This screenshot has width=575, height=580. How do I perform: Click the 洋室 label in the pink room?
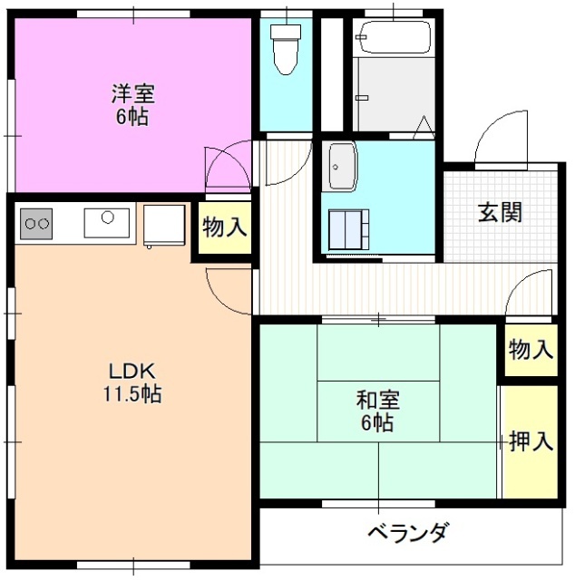point(133,93)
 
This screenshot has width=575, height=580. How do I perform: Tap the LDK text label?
point(134,372)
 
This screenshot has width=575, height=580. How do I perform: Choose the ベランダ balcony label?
point(407,532)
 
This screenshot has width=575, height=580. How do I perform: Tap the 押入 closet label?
point(531,442)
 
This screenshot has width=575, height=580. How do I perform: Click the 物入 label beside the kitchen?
point(224,228)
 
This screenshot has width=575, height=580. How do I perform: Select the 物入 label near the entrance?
point(531,350)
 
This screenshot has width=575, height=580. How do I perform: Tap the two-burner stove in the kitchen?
point(36,222)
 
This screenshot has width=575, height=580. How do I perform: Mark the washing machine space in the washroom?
point(349,228)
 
